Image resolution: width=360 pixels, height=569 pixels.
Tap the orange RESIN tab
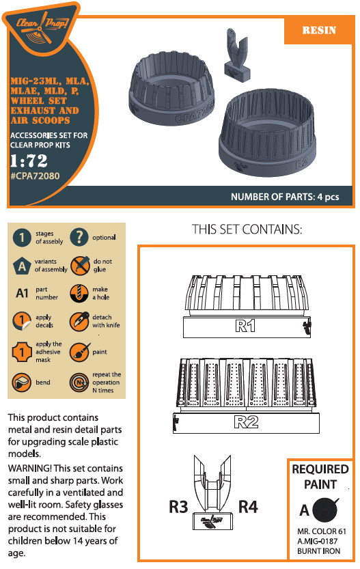(319, 30)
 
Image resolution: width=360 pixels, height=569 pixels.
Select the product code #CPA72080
(35, 176)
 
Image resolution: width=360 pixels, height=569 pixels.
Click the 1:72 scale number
(29, 161)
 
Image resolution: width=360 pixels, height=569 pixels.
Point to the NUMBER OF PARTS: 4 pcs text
(285, 197)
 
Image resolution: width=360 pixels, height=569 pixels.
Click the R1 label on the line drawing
(245, 326)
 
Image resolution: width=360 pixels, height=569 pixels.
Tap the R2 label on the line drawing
(246, 422)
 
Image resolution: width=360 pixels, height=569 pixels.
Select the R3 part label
(178, 507)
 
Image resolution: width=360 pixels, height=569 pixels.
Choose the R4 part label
(248, 507)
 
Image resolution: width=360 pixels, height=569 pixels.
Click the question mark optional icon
(79, 237)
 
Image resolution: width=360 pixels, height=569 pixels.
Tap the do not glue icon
(80, 265)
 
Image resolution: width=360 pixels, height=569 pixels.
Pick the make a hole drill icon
(79, 293)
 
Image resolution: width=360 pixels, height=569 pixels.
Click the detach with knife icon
(79, 321)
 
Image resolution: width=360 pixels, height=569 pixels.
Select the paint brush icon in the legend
(79, 352)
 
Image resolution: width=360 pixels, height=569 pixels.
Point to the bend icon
(21, 382)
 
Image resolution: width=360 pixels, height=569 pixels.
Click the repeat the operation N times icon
(79, 382)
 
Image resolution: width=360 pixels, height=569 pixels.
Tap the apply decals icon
(22, 321)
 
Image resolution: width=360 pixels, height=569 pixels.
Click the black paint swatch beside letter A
(325, 509)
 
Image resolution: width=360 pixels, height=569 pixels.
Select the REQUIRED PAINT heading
(320, 477)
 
